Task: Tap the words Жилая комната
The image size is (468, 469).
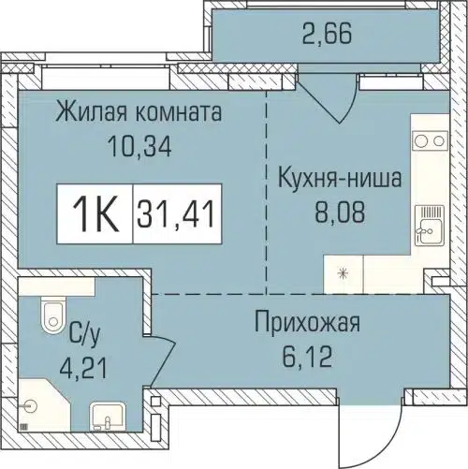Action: [138, 114]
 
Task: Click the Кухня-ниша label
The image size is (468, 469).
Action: [340, 177]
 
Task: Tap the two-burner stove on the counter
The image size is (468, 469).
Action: [431, 142]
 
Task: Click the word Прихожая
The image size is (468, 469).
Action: [307, 326]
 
